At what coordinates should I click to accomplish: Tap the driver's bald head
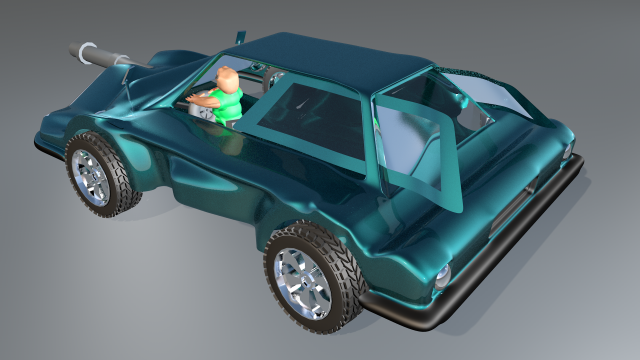228,78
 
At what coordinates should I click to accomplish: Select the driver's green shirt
228,104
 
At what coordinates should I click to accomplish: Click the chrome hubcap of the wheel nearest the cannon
91,177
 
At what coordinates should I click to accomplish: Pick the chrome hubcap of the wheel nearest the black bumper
302,281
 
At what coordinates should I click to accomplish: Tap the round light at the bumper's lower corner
442,277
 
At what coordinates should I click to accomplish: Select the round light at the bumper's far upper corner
567,151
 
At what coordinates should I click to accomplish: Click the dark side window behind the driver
320,110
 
